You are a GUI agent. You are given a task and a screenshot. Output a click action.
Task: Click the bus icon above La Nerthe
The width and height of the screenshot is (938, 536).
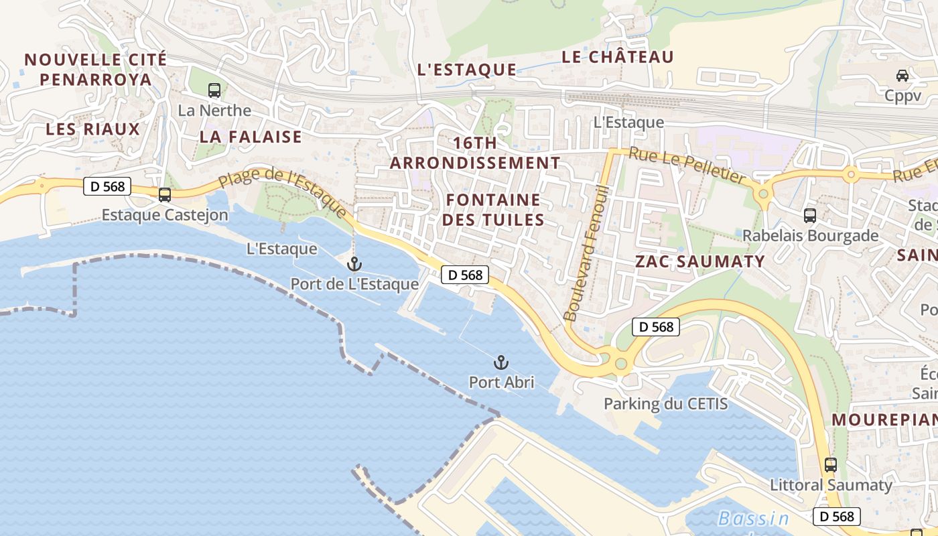(x=214, y=90)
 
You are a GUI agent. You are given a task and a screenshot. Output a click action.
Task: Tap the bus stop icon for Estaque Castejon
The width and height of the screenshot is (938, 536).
(x=164, y=195)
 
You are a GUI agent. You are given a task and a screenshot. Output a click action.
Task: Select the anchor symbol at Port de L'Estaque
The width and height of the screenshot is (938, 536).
(x=354, y=264)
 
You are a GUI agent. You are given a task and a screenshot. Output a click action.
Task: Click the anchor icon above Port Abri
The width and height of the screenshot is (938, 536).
(x=500, y=362)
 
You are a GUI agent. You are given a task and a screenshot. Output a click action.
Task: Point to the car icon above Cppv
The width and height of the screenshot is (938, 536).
(x=902, y=76)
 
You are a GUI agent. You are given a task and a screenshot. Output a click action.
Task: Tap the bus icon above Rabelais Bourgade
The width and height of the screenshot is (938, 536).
(x=810, y=216)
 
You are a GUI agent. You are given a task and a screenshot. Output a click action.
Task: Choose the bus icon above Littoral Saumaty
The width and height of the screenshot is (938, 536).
(x=831, y=465)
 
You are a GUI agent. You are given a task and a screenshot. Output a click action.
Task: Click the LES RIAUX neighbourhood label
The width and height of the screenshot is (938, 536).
(x=92, y=129)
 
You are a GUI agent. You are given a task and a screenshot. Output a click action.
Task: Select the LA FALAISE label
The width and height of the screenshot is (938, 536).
(x=251, y=137)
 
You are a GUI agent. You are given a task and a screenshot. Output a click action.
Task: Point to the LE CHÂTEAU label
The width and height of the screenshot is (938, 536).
(x=617, y=58)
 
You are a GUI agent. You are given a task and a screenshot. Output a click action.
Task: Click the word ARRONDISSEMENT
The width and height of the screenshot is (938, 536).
(x=475, y=163)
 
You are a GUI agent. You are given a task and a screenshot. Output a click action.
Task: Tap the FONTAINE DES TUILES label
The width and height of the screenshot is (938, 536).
(x=493, y=210)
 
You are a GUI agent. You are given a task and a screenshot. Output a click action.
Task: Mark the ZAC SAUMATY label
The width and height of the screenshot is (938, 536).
(x=699, y=261)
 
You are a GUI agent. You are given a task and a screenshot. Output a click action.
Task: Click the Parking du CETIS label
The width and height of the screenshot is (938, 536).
(x=665, y=404)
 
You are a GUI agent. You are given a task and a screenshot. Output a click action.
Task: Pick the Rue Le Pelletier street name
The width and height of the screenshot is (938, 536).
(x=687, y=165)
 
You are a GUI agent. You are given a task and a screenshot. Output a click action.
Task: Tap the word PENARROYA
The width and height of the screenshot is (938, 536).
(x=95, y=79)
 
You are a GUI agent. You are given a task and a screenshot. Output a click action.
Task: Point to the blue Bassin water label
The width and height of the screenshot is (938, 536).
(x=753, y=519)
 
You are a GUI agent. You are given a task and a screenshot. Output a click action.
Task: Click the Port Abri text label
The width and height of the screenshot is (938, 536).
(x=501, y=383)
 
